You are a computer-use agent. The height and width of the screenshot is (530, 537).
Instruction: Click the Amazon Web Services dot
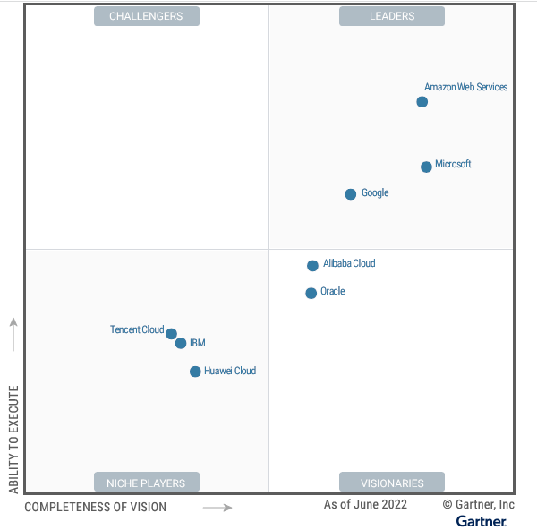click(x=422, y=102)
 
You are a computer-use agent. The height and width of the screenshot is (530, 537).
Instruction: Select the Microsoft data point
click(x=426, y=167)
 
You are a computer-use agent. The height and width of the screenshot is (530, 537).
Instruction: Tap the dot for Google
click(x=351, y=194)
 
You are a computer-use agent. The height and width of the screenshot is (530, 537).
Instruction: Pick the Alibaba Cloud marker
click(x=312, y=266)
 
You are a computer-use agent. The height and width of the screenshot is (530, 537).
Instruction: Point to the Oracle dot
click(x=311, y=293)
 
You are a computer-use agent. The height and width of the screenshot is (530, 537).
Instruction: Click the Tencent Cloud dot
click(x=171, y=333)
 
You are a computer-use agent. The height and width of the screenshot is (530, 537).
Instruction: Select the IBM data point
click(x=181, y=343)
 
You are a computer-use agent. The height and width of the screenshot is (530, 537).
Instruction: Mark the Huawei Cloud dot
click(x=195, y=372)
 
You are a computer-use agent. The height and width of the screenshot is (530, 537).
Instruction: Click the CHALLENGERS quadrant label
click(x=146, y=16)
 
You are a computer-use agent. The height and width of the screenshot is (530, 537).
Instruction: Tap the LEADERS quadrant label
click(x=392, y=16)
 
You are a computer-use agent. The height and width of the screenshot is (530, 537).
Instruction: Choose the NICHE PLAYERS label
click(x=146, y=483)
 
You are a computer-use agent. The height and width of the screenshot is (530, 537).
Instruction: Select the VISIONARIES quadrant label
click(x=392, y=483)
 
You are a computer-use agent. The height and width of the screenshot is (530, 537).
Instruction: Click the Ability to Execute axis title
click(x=13, y=440)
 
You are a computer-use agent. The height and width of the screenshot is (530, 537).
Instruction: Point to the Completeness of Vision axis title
click(x=95, y=508)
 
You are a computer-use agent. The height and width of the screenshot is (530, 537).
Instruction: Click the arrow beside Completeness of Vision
click(x=217, y=508)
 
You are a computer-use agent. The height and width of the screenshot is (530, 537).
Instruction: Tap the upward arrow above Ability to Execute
click(x=13, y=332)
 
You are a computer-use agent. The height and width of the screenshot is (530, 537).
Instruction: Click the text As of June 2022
click(x=365, y=505)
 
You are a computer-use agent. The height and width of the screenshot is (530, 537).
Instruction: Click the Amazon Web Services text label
click(x=465, y=88)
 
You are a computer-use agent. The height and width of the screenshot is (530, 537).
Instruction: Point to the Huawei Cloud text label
click(x=230, y=371)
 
